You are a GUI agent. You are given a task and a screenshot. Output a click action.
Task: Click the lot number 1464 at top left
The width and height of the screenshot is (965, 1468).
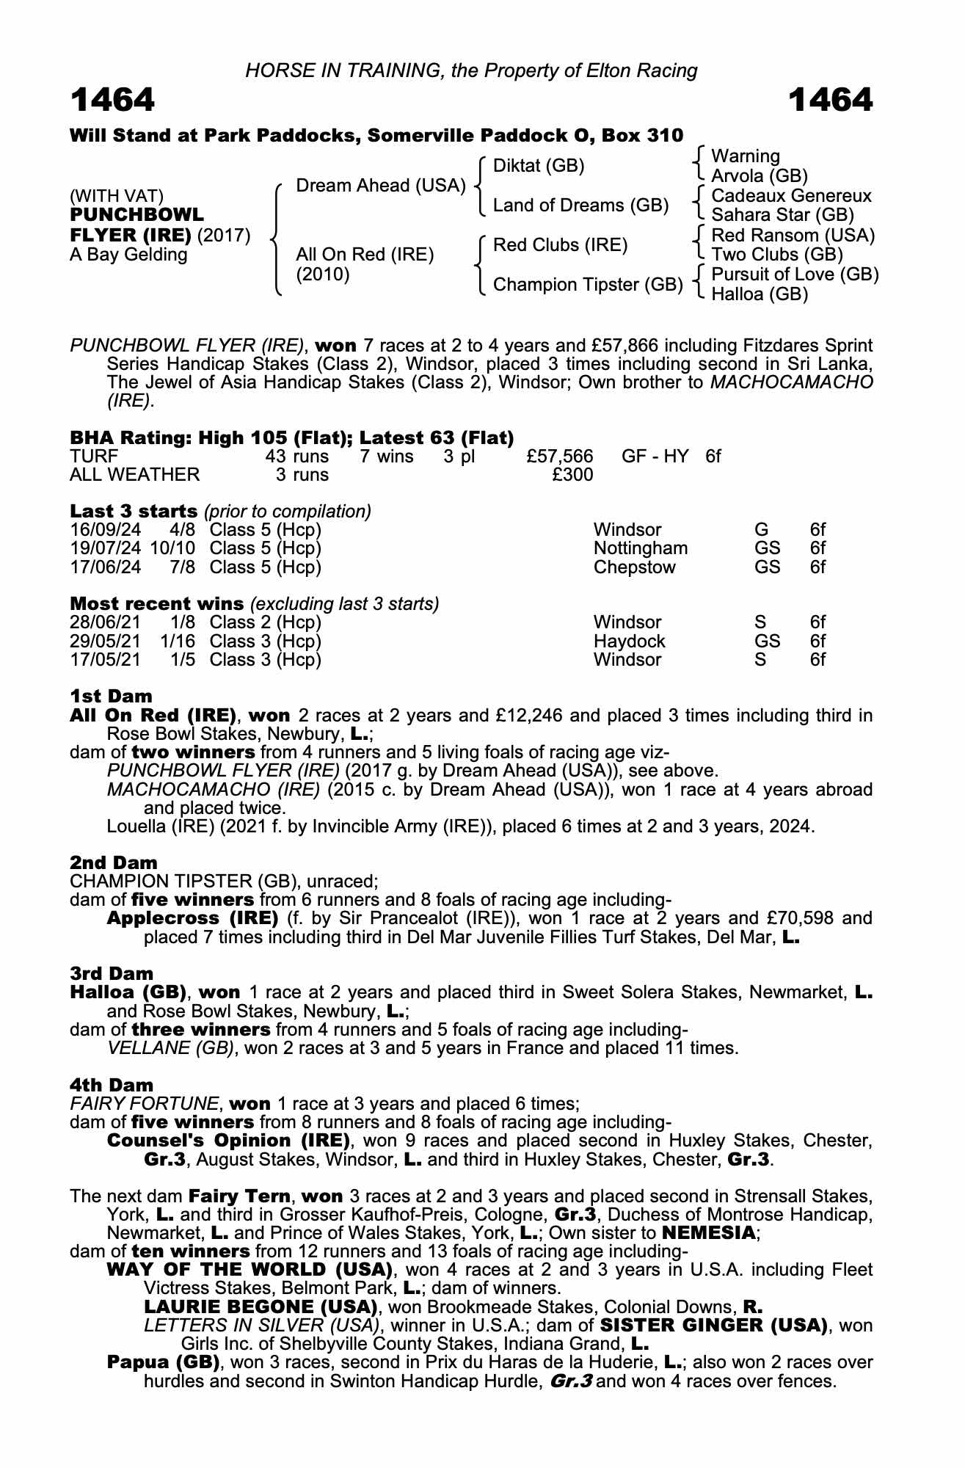pos(112,101)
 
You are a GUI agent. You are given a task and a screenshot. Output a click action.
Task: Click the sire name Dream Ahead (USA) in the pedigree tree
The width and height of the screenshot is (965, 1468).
pos(380,186)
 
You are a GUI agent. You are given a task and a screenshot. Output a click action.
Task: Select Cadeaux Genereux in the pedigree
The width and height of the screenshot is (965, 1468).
pos(791,196)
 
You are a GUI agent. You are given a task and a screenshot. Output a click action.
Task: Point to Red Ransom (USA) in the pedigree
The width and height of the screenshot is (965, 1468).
pos(793,236)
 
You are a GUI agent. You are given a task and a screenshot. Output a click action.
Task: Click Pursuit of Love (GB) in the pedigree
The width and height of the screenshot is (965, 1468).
pos(795,275)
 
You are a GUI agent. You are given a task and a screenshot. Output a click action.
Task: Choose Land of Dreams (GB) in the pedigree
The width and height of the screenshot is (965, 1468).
pos(580,206)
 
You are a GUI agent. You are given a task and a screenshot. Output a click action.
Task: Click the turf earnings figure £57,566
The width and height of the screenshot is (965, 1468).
pos(560,457)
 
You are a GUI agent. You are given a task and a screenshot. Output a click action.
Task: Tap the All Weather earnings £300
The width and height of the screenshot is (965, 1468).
pos(572,475)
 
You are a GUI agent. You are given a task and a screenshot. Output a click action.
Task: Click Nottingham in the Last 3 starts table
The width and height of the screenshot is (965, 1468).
pos(641,548)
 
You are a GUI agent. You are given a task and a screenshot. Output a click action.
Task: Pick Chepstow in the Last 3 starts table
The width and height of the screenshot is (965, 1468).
pos(634,567)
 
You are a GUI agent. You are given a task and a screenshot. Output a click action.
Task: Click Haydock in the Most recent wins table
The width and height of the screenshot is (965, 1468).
pos(629,641)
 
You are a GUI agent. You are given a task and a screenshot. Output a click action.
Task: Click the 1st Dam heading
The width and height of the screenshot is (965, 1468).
pos(111,696)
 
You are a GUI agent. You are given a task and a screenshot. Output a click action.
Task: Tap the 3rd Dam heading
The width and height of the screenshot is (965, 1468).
pos(112,973)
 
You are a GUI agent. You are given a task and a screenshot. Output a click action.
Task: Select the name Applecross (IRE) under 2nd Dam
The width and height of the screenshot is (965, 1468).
pos(192,918)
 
